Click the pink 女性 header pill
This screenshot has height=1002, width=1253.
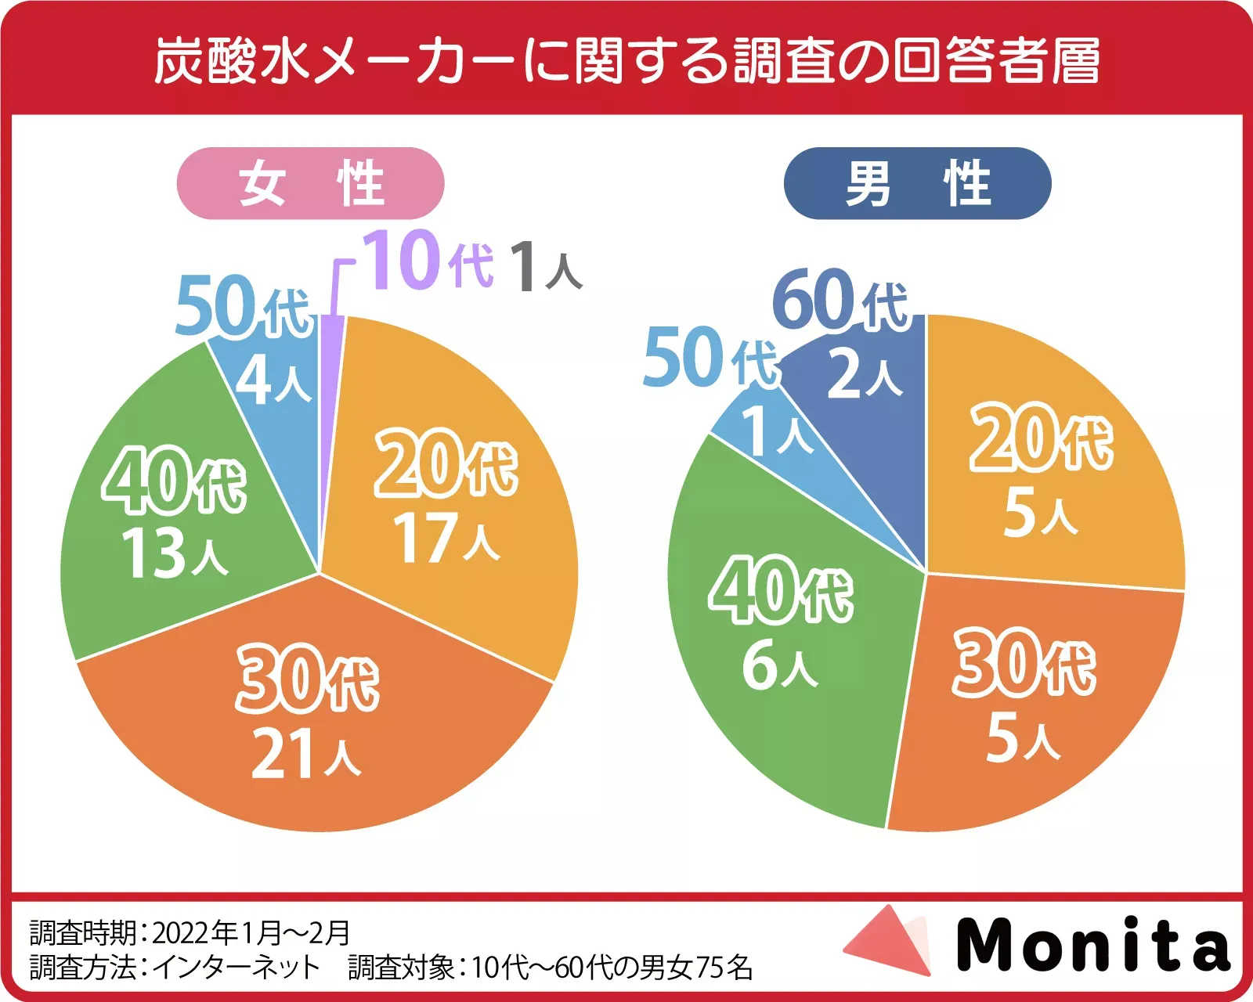click(311, 183)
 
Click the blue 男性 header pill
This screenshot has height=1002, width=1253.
click(917, 183)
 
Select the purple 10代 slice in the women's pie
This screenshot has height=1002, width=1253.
click(330, 391)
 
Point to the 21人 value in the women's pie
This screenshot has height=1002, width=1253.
click(305, 754)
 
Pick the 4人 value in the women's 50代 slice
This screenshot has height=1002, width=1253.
click(273, 381)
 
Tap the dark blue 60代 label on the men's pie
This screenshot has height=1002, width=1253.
click(840, 300)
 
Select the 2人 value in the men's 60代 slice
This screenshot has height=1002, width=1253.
click(865, 375)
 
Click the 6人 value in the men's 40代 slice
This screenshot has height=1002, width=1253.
click(779, 665)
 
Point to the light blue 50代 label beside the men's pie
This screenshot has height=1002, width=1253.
click(710, 359)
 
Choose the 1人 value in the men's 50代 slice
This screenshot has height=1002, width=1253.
click(777, 431)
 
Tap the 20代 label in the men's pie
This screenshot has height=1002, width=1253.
click(1042, 438)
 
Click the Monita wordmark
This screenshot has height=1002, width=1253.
click(1093, 945)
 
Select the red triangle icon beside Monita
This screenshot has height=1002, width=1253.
click(889, 942)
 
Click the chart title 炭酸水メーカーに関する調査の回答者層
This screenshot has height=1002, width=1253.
click(626, 61)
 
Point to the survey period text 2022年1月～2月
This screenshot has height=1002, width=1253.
click(251, 932)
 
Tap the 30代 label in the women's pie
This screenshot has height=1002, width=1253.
click(308, 679)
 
